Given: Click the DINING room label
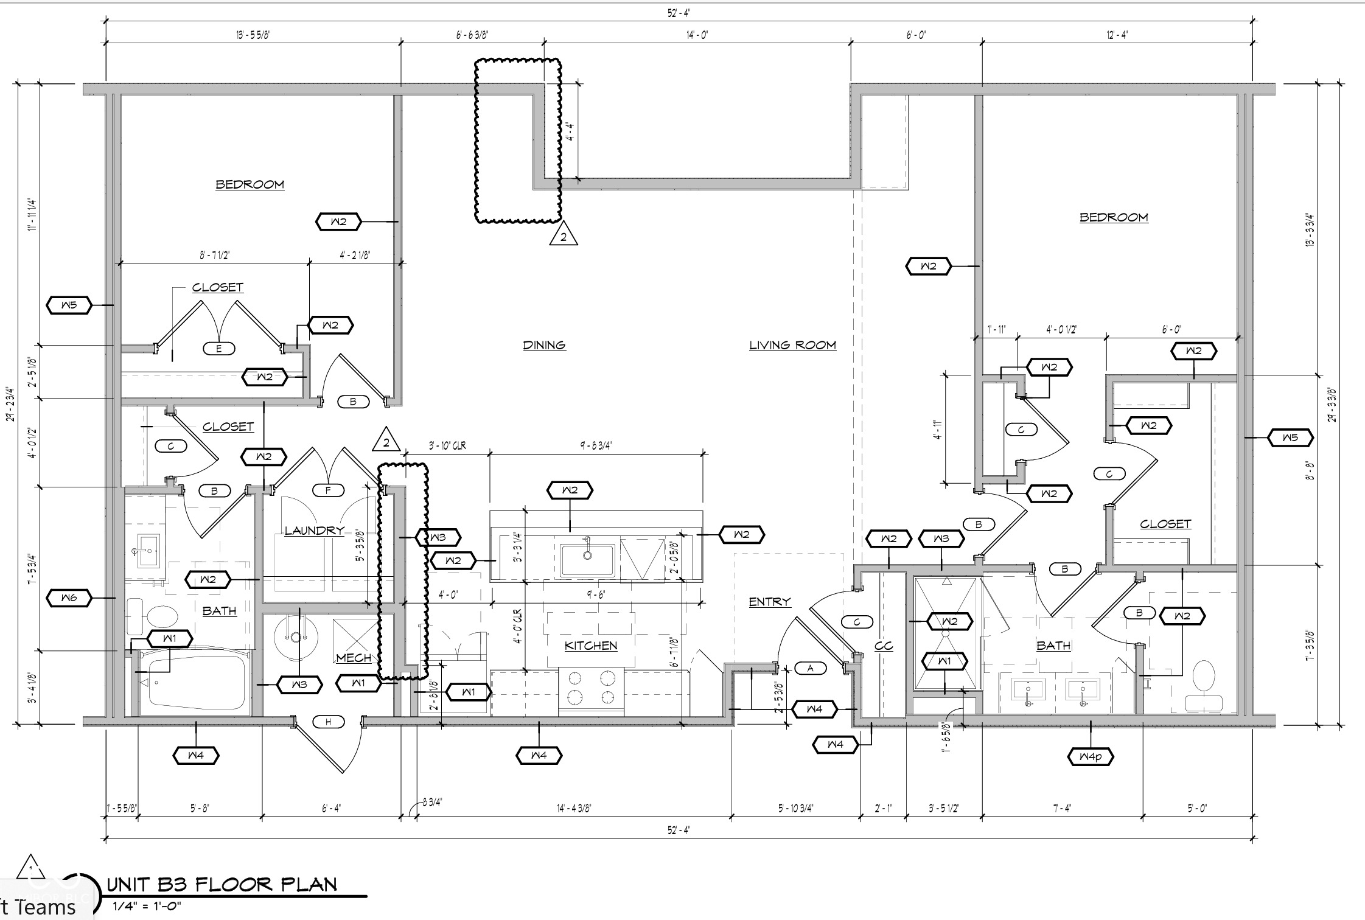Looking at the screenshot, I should (544, 345).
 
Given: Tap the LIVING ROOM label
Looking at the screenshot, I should (792, 345).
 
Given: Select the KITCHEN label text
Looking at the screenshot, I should (590, 646).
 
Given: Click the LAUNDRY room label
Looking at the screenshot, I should (314, 531).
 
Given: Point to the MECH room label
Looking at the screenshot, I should (354, 658).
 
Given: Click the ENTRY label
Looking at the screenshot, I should (769, 602).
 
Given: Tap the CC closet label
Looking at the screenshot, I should (883, 646).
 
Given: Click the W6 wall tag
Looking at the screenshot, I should (69, 598).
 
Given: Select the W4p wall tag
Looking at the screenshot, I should (1091, 757).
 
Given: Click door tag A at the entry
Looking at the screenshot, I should (810, 668).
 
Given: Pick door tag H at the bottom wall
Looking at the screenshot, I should (329, 722).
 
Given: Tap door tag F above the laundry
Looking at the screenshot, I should (329, 490).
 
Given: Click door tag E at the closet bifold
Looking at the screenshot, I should (219, 349).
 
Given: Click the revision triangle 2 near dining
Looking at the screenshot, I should (563, 235).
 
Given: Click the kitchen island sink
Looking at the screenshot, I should (587, 559).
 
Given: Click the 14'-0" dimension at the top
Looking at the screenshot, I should (697, 35).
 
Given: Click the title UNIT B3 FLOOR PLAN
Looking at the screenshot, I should (222, 885).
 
